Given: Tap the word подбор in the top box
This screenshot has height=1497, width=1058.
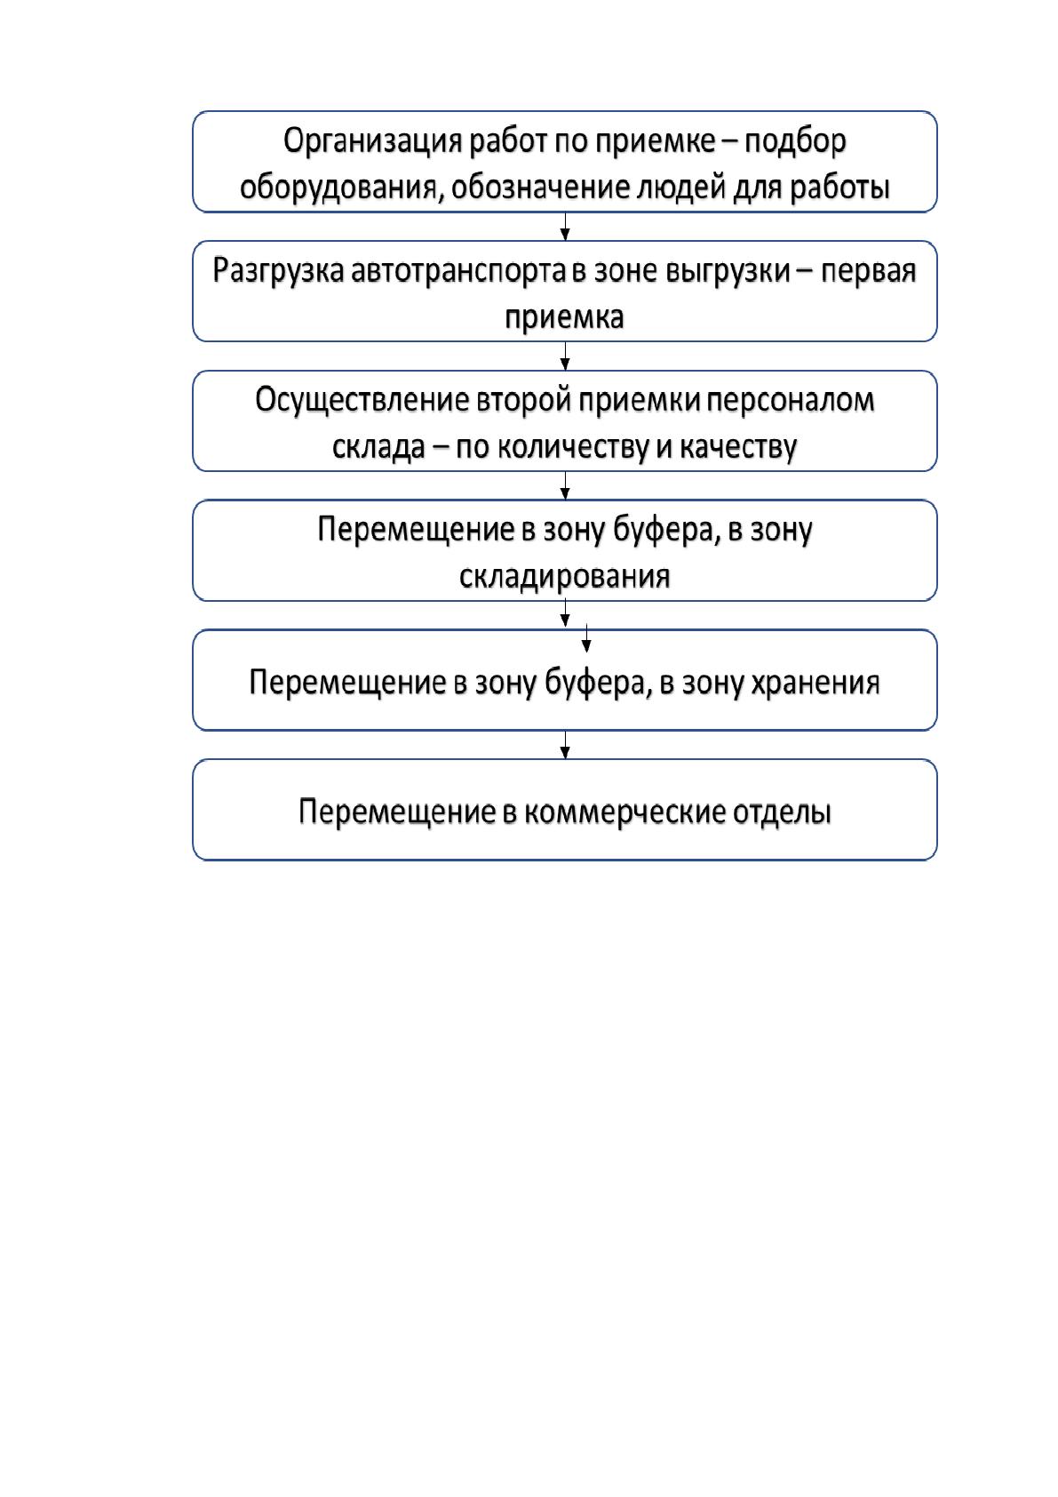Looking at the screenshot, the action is [x=795, y=141].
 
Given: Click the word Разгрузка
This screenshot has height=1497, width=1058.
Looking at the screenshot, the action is [x=278, y=271].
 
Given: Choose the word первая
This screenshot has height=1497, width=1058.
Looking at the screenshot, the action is [x=868, y=271].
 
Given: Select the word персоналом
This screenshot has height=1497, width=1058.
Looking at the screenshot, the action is [x=790, y=401].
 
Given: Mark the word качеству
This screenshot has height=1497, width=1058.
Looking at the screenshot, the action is [x=738, y=448].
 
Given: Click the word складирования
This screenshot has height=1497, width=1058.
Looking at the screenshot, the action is [x=564, y=576].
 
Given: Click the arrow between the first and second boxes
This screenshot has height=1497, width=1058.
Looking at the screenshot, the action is [x=565, y=227].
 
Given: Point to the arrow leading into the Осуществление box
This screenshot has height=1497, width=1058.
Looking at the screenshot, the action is [x=565, y=356].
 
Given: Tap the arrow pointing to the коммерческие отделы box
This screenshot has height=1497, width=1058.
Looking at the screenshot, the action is [x=565, y=744].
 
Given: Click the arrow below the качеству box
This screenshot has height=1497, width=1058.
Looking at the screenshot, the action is [x=565, y=485].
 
